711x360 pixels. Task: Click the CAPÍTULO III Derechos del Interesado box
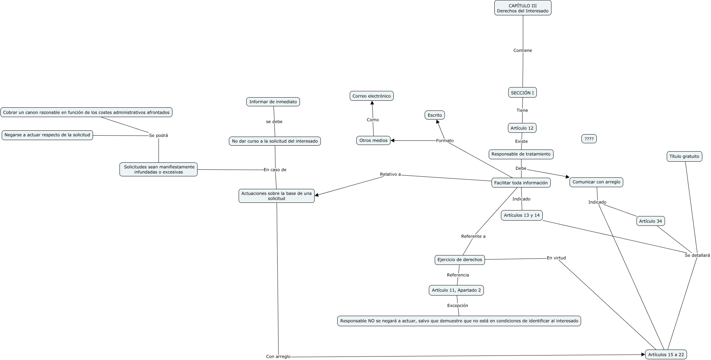click(x=523, y=8)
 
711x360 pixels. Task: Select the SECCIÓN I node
click(x=522, y=93)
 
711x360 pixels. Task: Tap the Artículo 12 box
click(x=522, y=128)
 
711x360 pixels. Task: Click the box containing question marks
click(x=589, y=139)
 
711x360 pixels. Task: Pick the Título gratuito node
click(x=684, y=156)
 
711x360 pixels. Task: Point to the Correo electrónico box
click(x=372, y=96)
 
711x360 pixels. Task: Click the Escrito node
click(x=435, y=115)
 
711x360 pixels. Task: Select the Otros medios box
click(x=373, y=140)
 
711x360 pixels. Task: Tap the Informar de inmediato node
click(x=273, y=102)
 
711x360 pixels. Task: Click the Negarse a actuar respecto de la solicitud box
click(x=47, y=135)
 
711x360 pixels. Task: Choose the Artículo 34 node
click(x=651, y=221)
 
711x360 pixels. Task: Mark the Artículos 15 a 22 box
click(x=666, y=355)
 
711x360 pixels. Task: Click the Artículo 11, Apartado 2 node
click(x=456, y=290)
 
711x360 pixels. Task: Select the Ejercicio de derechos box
click(x=460, y=260)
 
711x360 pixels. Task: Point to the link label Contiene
click(x=523, y=51)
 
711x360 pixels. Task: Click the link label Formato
click(x=445, y=141)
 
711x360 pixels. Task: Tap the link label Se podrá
click(x=159, y=136)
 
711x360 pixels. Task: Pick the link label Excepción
click(x=458, y=306)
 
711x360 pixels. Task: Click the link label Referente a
click(x=473, y=236)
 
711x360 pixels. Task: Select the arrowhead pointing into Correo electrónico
click(x=372, y=103)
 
